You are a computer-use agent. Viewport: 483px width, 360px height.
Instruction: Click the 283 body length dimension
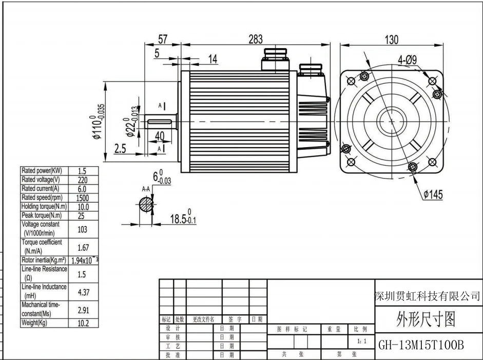tap(256, 39)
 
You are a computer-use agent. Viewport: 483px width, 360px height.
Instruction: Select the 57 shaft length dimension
tap(163, 39)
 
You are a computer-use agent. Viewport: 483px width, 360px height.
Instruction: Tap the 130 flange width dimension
tap(392, 39)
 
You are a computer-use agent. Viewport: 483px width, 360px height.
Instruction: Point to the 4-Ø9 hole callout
tap(407, 59)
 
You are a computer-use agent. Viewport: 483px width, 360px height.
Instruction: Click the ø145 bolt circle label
tap(433, 194)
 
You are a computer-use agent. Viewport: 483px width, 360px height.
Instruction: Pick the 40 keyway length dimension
tap(160, 136)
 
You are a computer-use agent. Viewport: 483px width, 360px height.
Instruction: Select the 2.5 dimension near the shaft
tap(120, 149)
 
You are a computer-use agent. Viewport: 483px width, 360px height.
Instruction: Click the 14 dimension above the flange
tap(213, 59)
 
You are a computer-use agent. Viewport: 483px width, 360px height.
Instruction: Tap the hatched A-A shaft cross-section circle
tap(146, 205)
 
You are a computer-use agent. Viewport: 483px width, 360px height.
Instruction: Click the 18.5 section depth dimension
tap(183, 217)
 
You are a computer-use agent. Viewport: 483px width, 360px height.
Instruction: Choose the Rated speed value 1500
tap(82, 198)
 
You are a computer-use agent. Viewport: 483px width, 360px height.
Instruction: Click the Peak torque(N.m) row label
tap(42, 215)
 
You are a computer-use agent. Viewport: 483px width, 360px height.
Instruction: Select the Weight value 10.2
tap(83, 323)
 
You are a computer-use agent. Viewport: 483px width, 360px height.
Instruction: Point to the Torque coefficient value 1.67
tap(83, 248)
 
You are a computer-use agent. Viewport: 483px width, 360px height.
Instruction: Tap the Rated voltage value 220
tap(83, 180)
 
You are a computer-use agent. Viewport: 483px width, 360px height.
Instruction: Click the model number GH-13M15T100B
tap(421, 345)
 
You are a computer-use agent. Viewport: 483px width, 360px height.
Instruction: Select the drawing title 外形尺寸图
tap(426, 319)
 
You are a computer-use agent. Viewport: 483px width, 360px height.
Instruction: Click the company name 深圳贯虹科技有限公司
tap(428, 296)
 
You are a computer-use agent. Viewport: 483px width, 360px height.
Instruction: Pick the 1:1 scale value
tap(362, 341)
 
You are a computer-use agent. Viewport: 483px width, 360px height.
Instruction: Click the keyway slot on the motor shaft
tap(160, 122)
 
